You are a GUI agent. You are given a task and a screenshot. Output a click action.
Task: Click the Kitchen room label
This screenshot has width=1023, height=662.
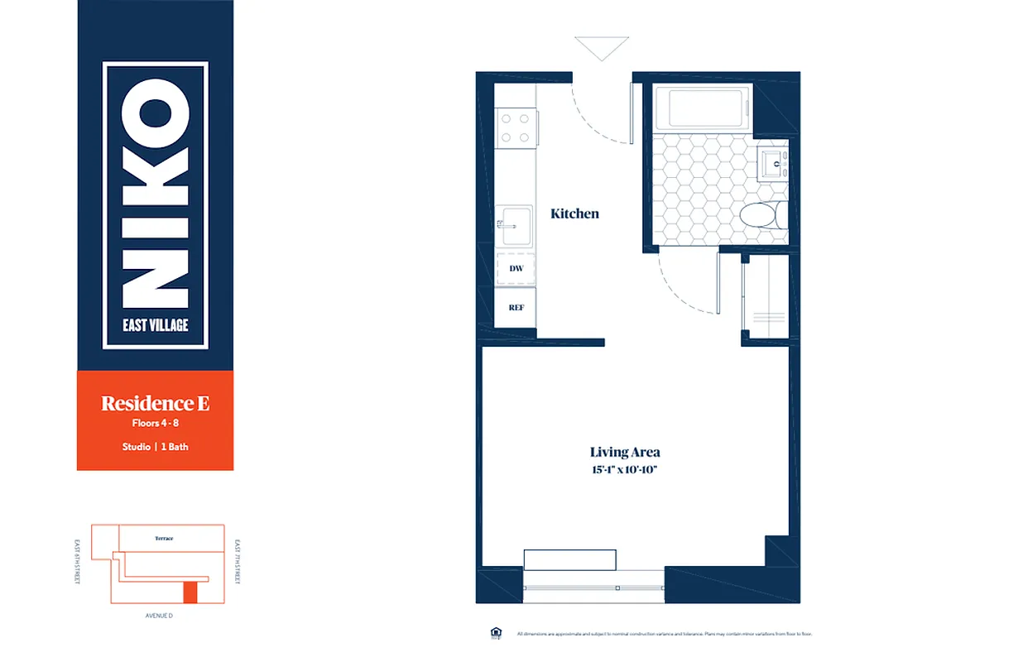(x=574, y=213)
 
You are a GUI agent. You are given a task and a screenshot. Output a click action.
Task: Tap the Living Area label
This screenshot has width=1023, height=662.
(x=625, y=452)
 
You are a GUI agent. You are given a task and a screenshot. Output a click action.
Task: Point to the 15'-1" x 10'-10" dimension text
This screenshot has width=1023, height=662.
(x=625, y=470)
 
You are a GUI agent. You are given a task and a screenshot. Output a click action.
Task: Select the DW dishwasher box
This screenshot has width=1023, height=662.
(x=516, y=269)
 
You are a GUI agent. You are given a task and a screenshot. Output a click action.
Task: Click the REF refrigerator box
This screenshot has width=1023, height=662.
(x=516, y=307)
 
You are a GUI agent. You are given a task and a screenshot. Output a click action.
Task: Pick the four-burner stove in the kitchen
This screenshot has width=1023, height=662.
(x=515, y=127)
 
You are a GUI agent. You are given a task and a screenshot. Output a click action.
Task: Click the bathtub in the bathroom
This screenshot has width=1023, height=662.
(x=703, y=108)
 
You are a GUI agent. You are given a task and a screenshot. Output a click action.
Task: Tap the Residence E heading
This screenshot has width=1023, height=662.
(x=155, y=404)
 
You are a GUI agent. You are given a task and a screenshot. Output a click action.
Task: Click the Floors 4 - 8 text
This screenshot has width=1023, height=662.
(x=155, y=424)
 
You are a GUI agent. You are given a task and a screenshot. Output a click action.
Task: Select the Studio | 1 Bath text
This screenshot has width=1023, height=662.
(x=155, y=447)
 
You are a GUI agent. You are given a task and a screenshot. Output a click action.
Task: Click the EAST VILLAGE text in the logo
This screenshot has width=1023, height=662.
(x=156, y=324)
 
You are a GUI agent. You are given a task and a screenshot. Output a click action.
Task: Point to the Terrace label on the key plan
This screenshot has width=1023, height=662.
(x=164, y=539)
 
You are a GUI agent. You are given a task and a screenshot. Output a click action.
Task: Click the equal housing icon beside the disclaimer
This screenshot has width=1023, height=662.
(x=497, y=633)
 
